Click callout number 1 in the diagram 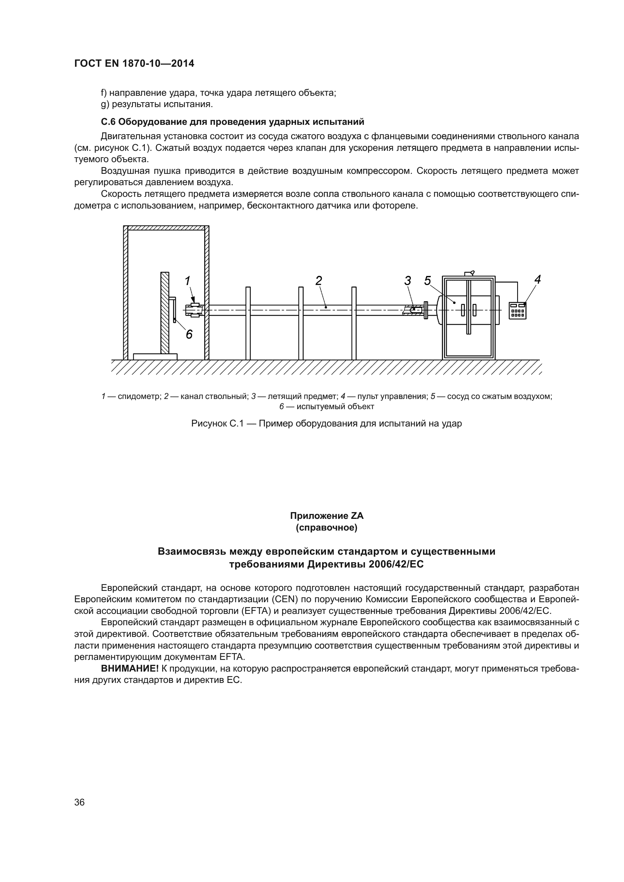pos(188,281)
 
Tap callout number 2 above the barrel pos(318,281)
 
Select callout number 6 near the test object pos(189,334)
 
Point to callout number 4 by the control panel pos(538,280)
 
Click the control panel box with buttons pos(518,310)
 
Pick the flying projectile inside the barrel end pos(412,308)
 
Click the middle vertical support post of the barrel pos(301,323)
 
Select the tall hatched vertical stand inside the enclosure pos(165,313)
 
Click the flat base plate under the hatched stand pos(155,356)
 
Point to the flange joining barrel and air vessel pos(426,310)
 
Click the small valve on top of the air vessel pos(470,273)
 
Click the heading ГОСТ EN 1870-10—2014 pos(134,64)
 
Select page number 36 pos(80,802)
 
